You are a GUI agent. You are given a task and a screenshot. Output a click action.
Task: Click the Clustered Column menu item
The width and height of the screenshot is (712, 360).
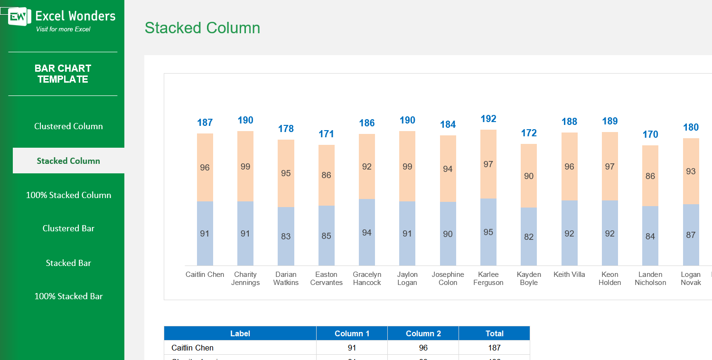tap(68, 126)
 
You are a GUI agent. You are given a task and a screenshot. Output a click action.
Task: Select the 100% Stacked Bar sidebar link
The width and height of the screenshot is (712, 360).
tap(68, 296)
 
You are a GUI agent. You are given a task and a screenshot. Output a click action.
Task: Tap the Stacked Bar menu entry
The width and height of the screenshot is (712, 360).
tap(68, 263)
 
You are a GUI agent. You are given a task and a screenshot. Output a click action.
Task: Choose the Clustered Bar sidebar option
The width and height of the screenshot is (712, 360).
tap(68, 228)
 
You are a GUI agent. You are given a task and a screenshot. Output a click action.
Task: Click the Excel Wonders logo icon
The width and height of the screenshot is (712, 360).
tap(19, 17)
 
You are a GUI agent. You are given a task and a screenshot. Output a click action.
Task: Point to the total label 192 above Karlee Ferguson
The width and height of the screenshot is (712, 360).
tap(488, 119)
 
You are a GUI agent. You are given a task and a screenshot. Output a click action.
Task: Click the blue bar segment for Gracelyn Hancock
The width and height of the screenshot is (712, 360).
tap(366, 232)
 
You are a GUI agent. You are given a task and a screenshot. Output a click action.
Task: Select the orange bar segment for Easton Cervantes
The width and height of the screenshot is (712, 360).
tap(326, 175)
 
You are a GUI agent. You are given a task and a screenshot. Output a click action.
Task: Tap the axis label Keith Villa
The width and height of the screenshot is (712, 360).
tap(569, 275)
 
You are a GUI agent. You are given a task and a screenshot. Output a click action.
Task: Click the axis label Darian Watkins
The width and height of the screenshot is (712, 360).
tap(286, 278)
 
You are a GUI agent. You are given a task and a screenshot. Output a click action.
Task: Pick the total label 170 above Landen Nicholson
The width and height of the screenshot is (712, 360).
tap(650, 134)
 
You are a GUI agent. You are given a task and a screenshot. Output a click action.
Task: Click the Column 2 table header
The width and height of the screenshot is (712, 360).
tap(423, 333)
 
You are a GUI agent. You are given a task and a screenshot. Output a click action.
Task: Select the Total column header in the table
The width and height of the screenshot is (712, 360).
tap(494, 333)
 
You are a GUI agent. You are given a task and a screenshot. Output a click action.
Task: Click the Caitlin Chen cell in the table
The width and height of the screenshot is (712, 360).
tap(192, 348)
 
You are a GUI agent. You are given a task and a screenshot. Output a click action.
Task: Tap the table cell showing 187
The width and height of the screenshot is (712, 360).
tap(494, 348)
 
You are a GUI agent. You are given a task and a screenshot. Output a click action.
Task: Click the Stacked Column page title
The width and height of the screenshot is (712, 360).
tap(202, 28)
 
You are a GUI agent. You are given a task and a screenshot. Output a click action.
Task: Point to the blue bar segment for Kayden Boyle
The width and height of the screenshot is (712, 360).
tap(529, 237)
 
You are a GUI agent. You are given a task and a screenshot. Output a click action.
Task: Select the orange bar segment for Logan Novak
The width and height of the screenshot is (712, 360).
tap(691, 171)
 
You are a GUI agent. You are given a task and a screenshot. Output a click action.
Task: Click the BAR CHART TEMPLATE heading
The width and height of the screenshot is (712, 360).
tap(63, 74)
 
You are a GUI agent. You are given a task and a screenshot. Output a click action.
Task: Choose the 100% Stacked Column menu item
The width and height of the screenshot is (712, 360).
tap(68, 195)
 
